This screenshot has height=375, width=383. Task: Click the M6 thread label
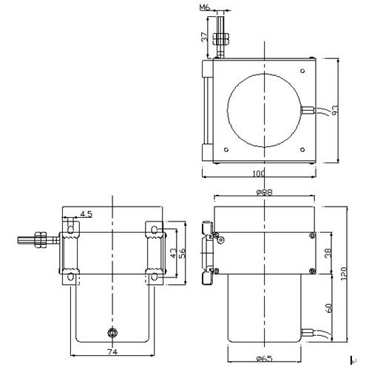[204, 7]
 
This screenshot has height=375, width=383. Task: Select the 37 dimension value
[205, 37]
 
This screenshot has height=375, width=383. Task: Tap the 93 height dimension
[335, 110]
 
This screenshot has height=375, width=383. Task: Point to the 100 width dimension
[259, 173]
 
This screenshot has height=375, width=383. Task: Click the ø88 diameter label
[264, 192]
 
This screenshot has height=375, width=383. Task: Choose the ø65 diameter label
[264, 359]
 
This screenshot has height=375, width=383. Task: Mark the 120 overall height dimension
[343, 273]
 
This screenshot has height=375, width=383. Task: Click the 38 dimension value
[328, 253]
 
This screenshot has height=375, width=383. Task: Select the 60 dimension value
[329, 308]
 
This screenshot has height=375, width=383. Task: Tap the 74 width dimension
[112, 351]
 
